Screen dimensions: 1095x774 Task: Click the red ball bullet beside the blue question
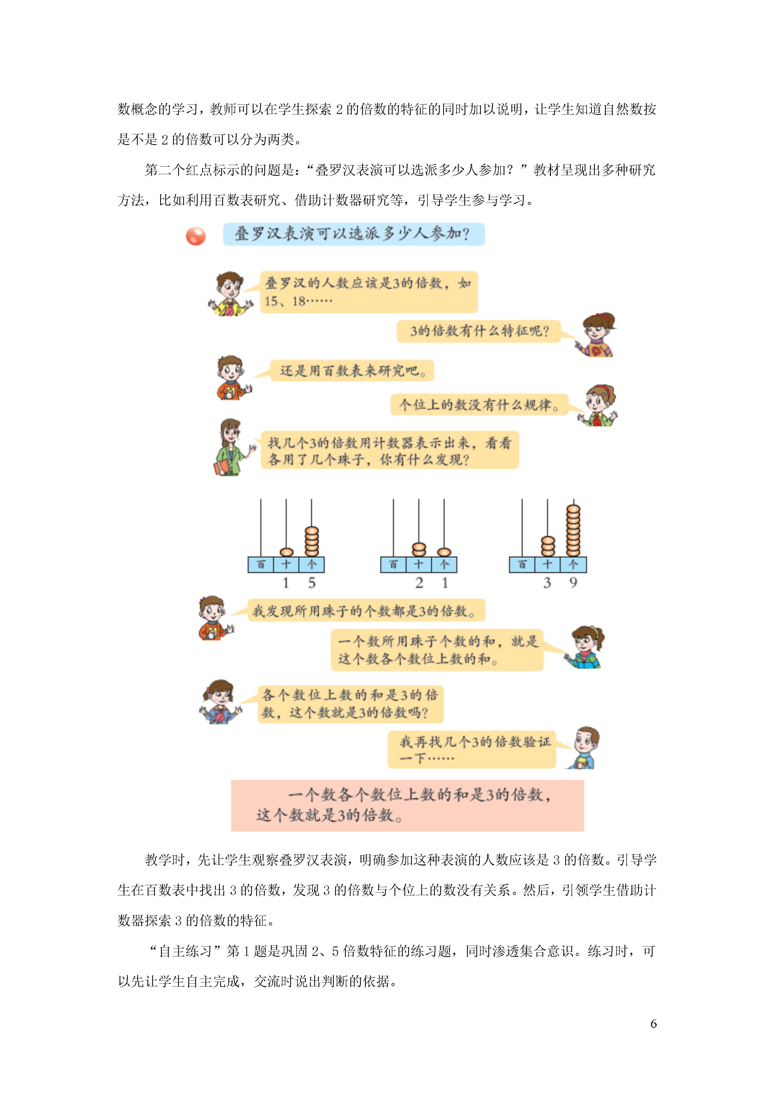pyautogui.click(x=196, y=236)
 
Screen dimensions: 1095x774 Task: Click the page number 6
pyautogui.click(x=653, y=1024)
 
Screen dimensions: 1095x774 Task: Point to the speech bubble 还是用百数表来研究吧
pyautogui.click(x=352, y=371)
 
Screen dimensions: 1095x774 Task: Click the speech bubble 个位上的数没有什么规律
pyautogui.click(x=479, y=405)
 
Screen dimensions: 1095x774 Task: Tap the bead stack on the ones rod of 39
pyautogui.click(x=573, y=530)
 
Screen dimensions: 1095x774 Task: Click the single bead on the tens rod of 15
pyautogui.click(x=286, y=552)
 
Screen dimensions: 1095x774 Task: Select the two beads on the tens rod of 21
pyautogui.click(x=419, y=550)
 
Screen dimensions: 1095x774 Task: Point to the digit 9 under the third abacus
pyautogui.click(x=573, y=582)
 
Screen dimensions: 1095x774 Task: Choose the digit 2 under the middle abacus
pyautogui.click(x=419, y=583)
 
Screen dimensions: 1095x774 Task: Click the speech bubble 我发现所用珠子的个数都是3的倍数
pyautogui.click(x=366, y=611)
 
